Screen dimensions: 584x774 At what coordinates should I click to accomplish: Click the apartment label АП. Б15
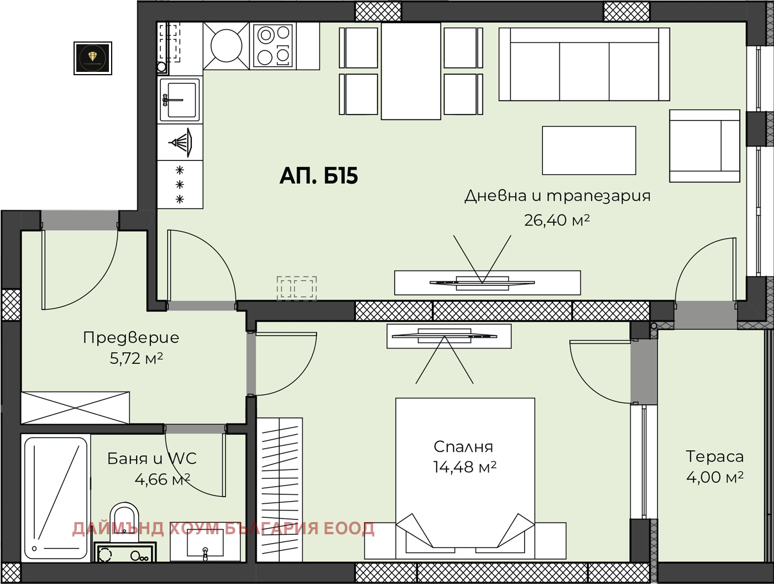[x=318, y=176]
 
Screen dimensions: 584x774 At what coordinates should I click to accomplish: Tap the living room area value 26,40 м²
[x=557, y=220]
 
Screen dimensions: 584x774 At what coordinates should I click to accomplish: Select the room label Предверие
[x=131, y=337]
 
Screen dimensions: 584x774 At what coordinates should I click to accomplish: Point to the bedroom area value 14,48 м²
[x=464, y=467]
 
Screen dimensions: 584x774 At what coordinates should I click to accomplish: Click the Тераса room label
[x=714, y=456]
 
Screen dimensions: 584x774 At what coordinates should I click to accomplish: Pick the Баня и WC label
[x=151, y=458]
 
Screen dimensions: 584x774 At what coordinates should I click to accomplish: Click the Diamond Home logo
[x=93, y=58]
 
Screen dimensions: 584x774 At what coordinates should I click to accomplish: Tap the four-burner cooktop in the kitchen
[x=273, y=46]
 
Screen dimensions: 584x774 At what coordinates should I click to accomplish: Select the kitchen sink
[x=180, y=100]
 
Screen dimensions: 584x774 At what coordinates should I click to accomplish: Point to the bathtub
[x=56, y=498]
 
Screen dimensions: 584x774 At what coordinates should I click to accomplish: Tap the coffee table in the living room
[x=589, y=150]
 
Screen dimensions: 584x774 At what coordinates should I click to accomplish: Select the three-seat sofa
[x=584, y=65]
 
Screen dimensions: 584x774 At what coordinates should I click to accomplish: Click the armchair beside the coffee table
[x=704, y=146]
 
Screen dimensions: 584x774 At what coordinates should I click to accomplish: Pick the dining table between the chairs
[x=411, y=71]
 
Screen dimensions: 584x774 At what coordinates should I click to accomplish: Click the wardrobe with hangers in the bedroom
[x=280, y=489]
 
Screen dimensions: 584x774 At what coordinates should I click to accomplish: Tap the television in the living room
[x=482, y=283]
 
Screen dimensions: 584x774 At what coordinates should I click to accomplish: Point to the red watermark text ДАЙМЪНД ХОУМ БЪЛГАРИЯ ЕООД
[x=223, y=529]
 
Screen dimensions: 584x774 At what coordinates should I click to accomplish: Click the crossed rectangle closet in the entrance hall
[x=75, y=408]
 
